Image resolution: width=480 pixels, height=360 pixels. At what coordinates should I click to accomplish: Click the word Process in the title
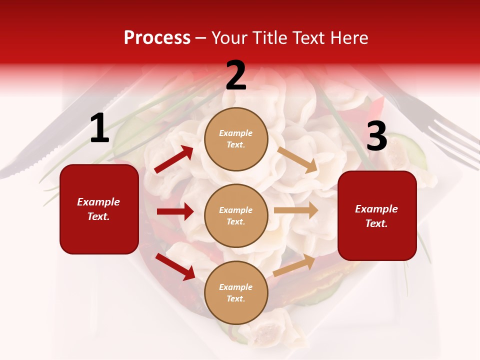tap(157, 38)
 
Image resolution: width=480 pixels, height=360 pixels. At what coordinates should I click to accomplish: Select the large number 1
tap(99, 128)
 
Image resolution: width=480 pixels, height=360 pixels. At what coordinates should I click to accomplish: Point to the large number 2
tap(236, 76)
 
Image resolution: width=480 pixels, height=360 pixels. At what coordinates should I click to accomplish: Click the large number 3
tap(376, 136)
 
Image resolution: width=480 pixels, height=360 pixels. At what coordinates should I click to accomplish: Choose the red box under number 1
tap(99, 209)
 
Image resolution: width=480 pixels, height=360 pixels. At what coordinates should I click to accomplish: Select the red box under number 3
tap(377, 215)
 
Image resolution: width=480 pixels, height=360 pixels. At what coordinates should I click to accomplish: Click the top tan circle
tap(236, 139)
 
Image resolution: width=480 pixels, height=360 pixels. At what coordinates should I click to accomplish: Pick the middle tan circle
tap(236, 215)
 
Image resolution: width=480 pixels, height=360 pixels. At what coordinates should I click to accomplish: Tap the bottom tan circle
tap(236, 292)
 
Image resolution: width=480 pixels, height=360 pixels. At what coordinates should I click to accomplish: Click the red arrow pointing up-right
tap(174, 159)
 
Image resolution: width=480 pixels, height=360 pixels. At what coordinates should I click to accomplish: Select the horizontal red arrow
tap(175, 211)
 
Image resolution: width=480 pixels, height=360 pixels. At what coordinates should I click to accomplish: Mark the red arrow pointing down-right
tap(175, 266)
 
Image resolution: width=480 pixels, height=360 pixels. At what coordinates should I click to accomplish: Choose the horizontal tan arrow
tap(296, 210)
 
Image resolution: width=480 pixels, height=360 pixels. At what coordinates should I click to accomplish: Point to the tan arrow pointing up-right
tap(294, 265)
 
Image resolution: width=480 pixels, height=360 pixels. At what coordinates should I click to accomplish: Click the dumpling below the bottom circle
tap(272, 330)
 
